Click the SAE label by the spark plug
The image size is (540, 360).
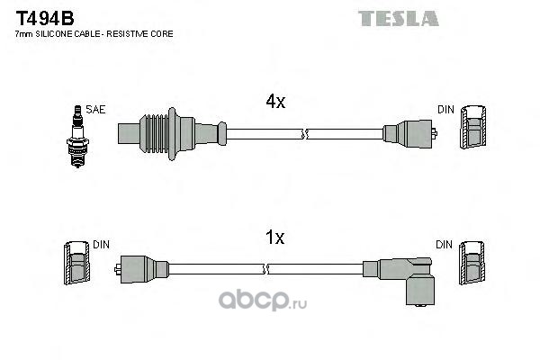[x=96, y=109]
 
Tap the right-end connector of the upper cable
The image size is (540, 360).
[x=409, y=134]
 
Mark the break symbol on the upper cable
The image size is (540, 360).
[x=306, y=134]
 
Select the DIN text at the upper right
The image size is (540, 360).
[x=445, y=109]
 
